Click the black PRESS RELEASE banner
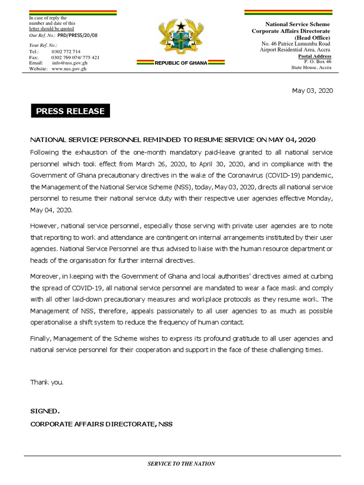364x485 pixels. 71,111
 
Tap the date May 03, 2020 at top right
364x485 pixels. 312,91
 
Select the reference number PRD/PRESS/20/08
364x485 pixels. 77,35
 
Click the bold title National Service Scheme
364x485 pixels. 297,24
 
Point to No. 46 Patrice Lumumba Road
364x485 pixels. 296,44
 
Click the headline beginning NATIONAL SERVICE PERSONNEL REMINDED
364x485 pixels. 173,140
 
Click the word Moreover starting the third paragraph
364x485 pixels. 44,276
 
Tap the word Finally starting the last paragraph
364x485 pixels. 40,339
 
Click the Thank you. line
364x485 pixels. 46,382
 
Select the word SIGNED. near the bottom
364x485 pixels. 45,411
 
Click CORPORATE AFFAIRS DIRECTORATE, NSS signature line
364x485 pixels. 101,424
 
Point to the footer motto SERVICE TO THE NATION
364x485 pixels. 182,464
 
